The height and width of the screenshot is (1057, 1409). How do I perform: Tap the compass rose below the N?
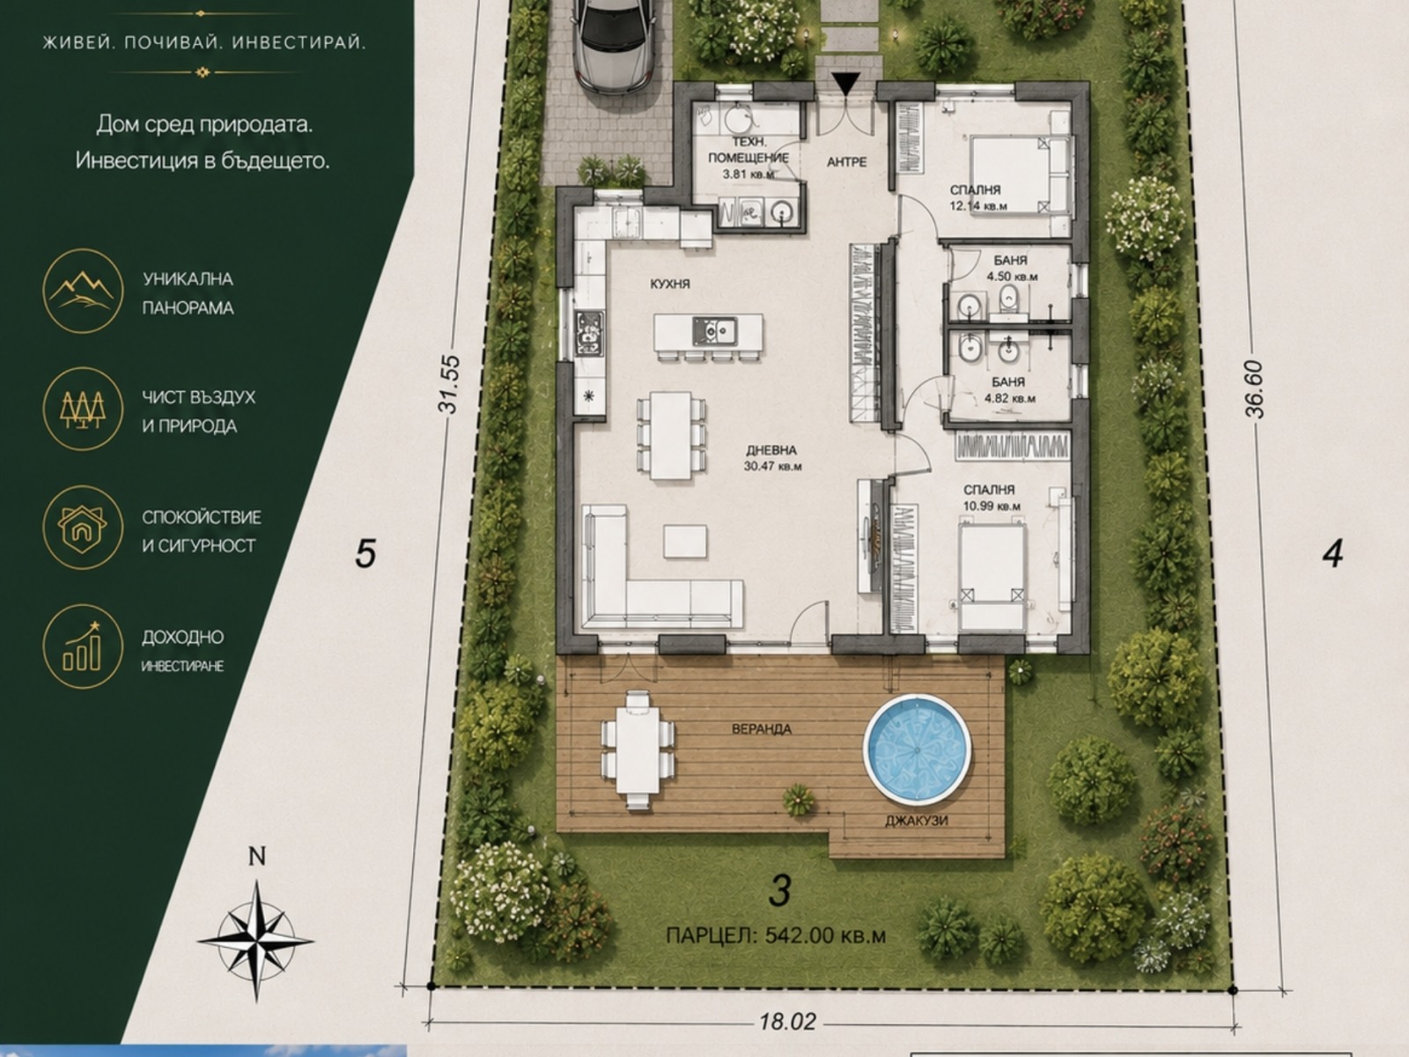point(256,941)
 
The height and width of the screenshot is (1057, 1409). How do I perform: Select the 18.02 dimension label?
point(787,1021)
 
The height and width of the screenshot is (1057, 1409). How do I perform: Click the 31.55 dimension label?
point(449,384)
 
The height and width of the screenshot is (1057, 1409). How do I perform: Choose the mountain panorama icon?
point(83,291)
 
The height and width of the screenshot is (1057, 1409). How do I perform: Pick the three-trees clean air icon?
point(83,409)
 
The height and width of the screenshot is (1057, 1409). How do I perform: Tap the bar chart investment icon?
point(83,647)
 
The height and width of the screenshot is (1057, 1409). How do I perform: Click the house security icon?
point(83,528)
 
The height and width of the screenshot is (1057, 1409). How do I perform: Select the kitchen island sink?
point(715,331)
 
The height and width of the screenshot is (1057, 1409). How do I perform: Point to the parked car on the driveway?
point(615,46)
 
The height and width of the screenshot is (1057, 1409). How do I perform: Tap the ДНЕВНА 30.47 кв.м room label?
point(772,458)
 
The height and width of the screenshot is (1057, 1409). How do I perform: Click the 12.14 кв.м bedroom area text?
point(978,207)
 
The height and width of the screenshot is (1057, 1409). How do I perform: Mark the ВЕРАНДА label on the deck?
point(762,729)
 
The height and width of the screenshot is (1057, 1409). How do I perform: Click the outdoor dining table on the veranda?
point(638,750)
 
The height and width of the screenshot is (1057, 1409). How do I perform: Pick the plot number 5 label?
point(365,554)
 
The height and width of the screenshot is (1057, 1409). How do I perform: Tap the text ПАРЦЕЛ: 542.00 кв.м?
point(776,935)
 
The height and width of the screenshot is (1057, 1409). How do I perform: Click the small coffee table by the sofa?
point(685,541)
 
